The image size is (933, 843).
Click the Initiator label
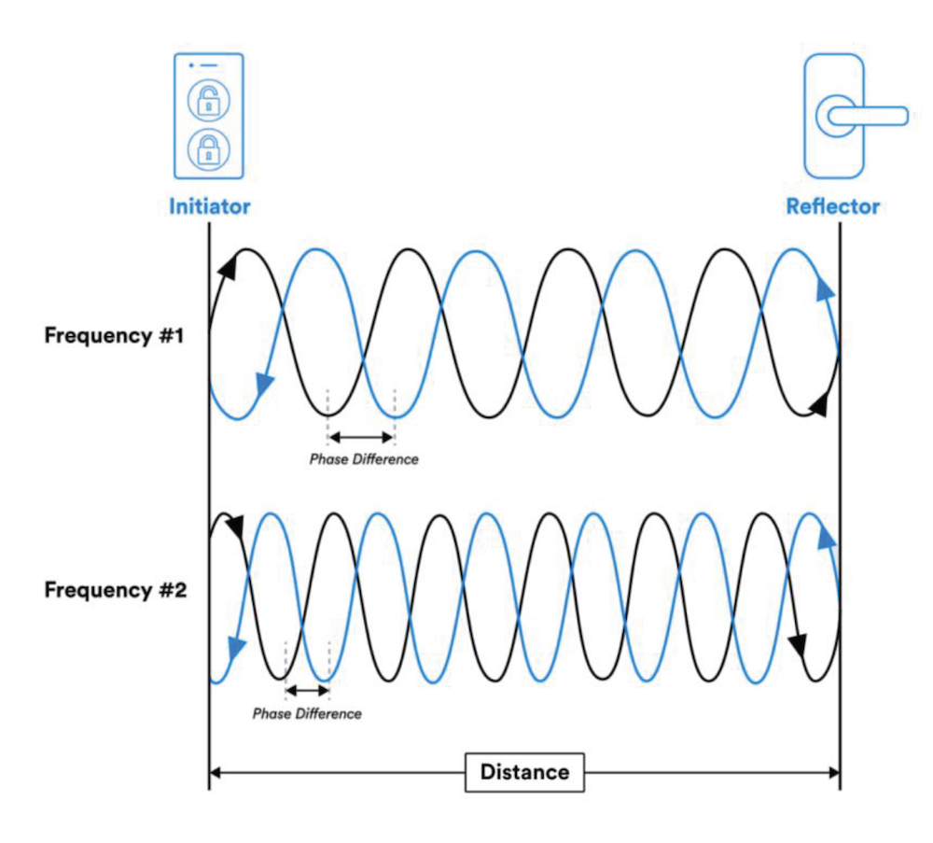click(x=209, y=206)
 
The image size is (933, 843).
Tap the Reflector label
click(x=832, y=206)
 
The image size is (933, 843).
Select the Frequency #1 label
click(x=115, y=336)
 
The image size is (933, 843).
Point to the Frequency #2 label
click(x=115, y=590)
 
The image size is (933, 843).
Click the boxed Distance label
click(x=524, y=772)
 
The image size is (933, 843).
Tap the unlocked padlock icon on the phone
click(x=209, y=101)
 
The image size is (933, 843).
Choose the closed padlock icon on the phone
click(x=209, y=148)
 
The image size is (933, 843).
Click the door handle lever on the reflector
click(x=863, y=116)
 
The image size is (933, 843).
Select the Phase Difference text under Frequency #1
click(x=364, y=459)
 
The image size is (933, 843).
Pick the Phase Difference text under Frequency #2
click(x=306, y=714)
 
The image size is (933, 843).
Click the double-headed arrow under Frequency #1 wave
click(x=362, y=436)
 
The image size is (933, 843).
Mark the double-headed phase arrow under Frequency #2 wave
click(x=307, y=691)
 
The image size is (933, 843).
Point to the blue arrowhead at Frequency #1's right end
click(x=825, y=288)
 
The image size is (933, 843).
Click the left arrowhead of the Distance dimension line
click(x=216, y=772)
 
